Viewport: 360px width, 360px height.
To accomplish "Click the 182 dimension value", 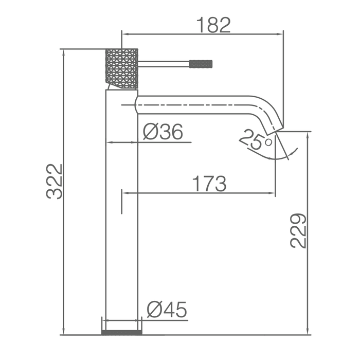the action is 213,25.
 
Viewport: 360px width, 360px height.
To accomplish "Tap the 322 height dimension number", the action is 55,181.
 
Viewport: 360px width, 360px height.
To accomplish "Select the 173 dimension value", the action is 209,184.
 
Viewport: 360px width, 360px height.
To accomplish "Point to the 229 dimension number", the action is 298,231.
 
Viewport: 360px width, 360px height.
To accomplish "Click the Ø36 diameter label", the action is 163,132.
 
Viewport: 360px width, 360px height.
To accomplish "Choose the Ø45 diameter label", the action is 167,310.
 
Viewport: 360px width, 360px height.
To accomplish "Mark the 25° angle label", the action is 255,139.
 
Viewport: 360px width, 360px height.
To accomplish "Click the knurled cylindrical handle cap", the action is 122,68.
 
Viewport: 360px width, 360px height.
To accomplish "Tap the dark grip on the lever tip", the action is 201,64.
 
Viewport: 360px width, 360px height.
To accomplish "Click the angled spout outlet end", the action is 275,131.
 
